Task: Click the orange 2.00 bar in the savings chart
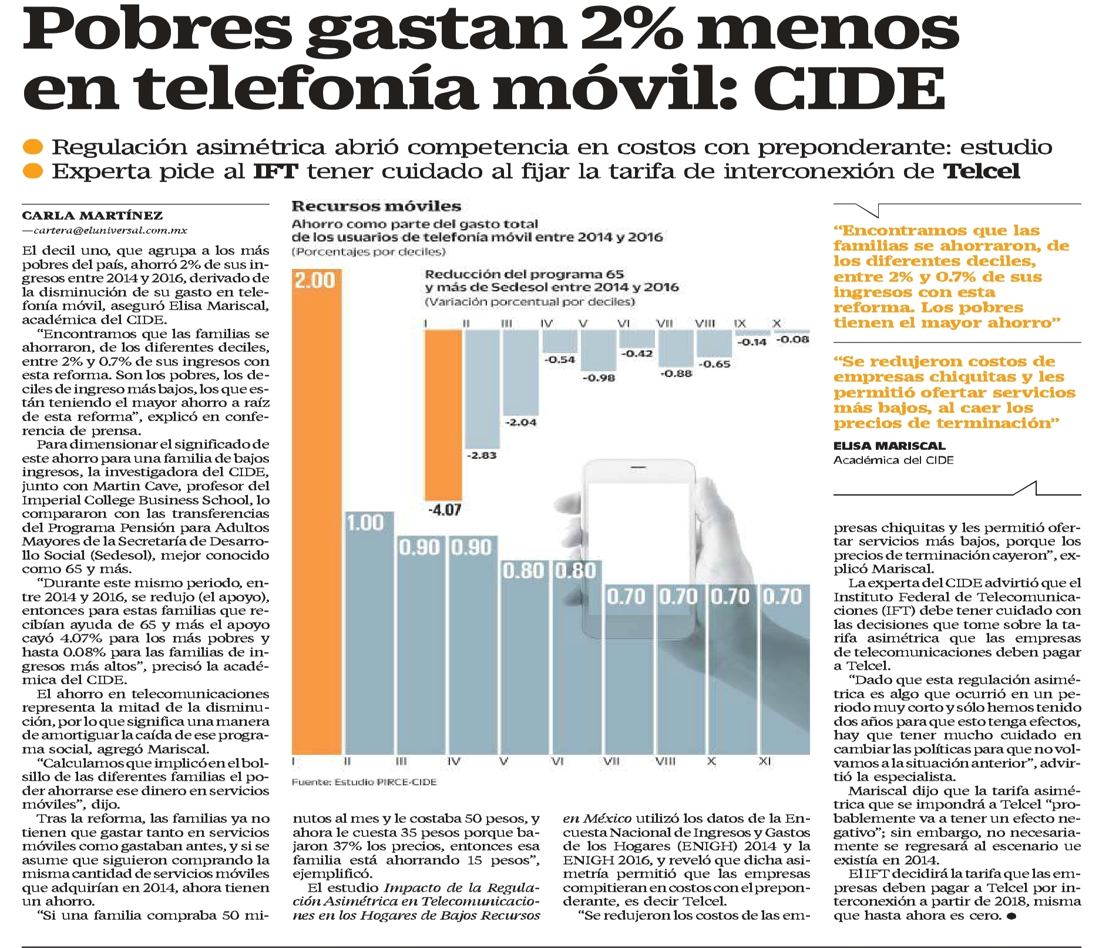coord(317,511)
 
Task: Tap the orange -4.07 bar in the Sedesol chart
coord(443,415)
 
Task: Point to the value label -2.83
coord(481,455)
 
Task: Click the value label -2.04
coord(521,422)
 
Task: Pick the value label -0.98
coord(599,378)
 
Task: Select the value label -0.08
coord(792,339)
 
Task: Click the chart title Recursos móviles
coord(377,206)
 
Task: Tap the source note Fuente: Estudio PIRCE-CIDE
coord(364,782)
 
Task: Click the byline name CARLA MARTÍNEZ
coord(92,216)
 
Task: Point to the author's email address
coord(105,231)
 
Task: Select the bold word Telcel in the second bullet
coord(982,172)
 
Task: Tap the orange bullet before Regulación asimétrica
coord(35,146)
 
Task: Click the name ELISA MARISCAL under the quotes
coord(889,445)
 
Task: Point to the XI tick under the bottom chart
coord(764,761)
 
